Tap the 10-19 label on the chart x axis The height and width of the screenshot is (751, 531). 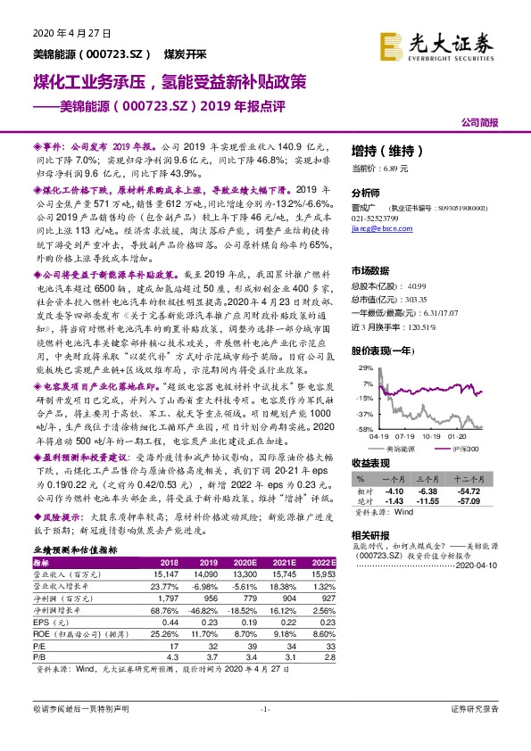pos(433,436)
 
